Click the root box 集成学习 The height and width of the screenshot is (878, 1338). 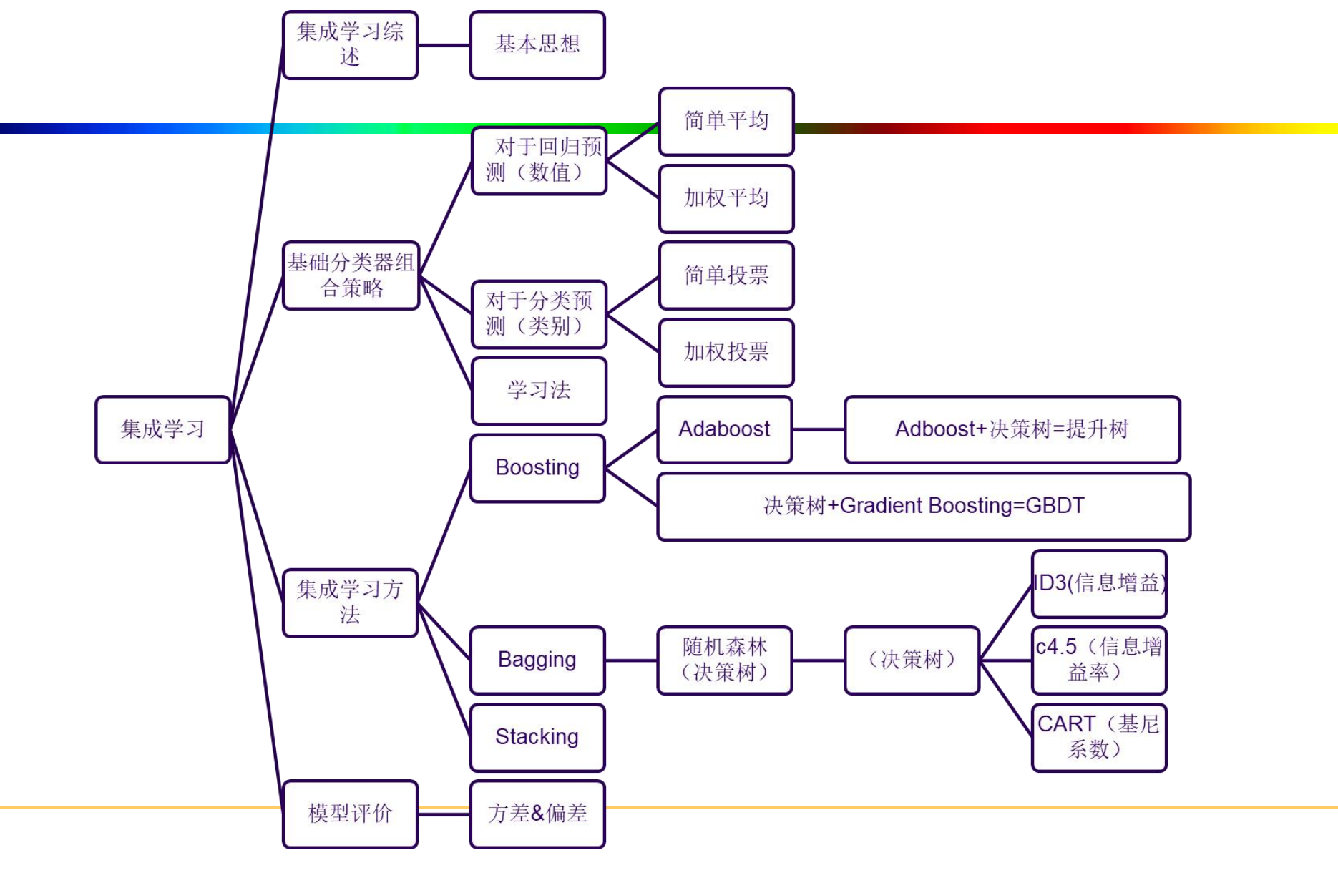(x=162, y=429)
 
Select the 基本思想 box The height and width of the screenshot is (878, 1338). (x=537, y=44)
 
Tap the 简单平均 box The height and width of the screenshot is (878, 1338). (x=726, y=121)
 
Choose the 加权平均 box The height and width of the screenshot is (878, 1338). (x=726, y=198)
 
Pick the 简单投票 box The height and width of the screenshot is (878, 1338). (x=726, y=275)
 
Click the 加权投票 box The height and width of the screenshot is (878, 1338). (x=726, y=352)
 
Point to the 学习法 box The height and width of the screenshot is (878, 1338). (x=539, y=391)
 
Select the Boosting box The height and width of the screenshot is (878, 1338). (x=537, y=468)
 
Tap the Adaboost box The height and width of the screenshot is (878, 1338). (x=724, y=429)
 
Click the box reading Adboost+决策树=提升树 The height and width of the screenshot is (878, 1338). (x=1012, y=429)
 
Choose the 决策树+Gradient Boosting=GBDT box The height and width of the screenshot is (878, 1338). (x=924, y=506)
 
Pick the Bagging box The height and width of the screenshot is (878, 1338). (x=537, y=660)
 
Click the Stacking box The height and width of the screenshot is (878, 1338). (x=537, y=737)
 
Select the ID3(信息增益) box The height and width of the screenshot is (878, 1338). (x=1099, y=583)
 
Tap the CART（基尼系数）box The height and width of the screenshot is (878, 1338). (x=1099, y=737)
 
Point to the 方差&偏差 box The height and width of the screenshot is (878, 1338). (x=537, y=814)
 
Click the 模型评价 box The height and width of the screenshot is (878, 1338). (x=351, y=814)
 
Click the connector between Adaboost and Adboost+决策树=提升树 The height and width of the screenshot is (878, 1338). (x=819, y=429)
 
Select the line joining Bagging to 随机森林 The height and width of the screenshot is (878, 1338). (x=631, y=660)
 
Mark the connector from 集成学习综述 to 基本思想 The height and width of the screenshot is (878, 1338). (x=444, y=45)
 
